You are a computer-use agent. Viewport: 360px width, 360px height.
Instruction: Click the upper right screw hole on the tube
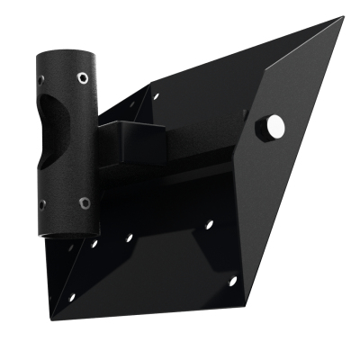click(83, 76)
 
